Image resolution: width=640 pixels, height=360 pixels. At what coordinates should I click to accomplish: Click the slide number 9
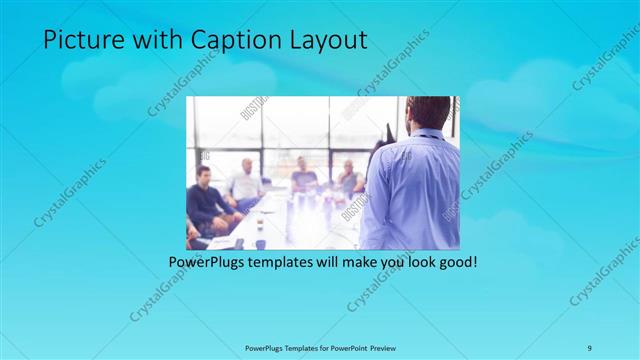[x=590, y=347]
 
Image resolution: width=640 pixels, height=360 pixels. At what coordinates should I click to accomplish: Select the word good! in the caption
[x=455, y=263]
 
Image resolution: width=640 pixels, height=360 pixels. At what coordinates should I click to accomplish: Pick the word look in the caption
[x=415, y=263]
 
